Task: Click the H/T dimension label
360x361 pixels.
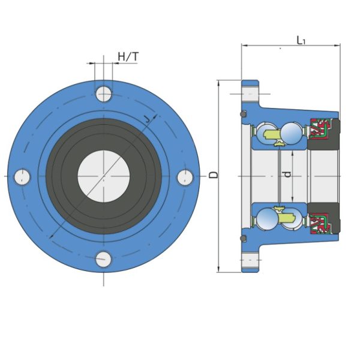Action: pyautogui.click(x=128, y=57)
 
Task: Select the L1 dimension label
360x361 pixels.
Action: pyautogui.click(x=302, y=40)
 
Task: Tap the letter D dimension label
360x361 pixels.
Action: pyautogui.click(x=214, y=175)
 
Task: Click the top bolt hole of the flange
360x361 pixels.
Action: pyautogui.click(x=104, y=94)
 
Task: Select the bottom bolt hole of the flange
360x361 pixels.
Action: pyautogui.click(x=104, y=259)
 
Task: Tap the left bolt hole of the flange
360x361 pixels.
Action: pyautogui.click(x=22, y=176)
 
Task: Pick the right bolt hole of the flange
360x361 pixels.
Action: pyautogui.click(x=186, y=176)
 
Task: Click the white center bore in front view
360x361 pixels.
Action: pyautogui.click(x=104, y=176)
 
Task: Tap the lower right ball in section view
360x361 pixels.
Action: pyautogui.click(x=292, y=219)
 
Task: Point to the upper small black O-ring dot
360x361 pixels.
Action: pyautogui.click(x=243, y=114)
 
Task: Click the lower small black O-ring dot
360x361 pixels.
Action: pyautogui.click(x=243, y=239)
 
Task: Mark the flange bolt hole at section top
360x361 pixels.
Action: pyautogui.click(x=250, y=94)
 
